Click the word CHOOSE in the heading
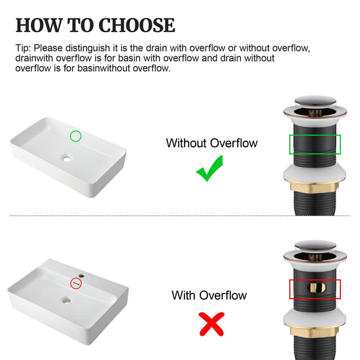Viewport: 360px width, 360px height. (137, 25)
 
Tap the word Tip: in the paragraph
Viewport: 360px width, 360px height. (23, 48)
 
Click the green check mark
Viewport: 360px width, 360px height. (209, 168)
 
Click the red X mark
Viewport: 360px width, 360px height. (211, 324)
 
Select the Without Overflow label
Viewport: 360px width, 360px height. (211, 143)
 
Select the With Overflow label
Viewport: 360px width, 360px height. (209, 295)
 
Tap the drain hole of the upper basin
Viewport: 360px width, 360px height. (67, 158)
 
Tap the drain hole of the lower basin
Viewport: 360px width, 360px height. (67, 300)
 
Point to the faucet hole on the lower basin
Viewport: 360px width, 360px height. (82, 276)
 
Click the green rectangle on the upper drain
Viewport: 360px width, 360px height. (289, 145)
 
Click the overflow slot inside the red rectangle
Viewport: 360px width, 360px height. (316, 288)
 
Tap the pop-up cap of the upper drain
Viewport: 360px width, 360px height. (315, 101)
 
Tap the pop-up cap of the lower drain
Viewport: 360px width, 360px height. (315, 246)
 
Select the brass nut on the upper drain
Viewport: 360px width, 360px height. (314, 187)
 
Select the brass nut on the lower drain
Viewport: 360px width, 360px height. (314, 331)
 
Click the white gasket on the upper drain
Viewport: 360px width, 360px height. (314, 175)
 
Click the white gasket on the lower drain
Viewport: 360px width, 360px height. (314, 319)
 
